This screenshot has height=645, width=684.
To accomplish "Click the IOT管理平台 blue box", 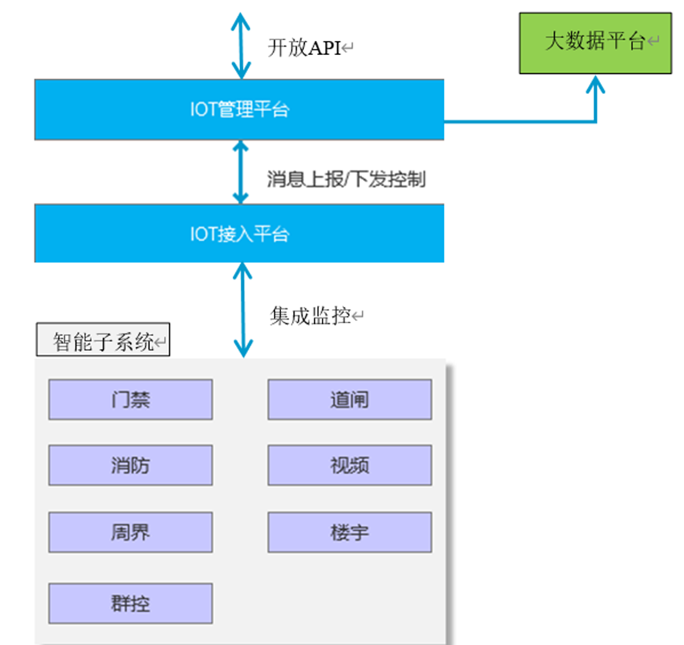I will click(239, 110).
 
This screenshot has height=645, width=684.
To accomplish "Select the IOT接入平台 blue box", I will click(239, 234).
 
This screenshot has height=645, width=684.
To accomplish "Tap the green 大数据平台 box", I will click(595, 42).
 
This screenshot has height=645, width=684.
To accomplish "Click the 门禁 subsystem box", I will click(130, 399).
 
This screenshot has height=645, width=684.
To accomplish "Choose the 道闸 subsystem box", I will click(349, 399).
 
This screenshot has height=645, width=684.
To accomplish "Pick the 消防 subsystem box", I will click(130, 465).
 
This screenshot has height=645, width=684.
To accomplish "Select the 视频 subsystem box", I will click(349, 465).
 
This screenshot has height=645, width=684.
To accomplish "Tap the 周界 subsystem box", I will click(130, 532).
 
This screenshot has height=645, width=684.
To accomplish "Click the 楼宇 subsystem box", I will click(349, 532).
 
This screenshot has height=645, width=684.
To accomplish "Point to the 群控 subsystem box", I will click(130, 603).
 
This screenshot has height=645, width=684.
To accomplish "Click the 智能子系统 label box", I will click(103, 342).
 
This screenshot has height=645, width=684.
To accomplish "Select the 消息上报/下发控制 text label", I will click(346, 178).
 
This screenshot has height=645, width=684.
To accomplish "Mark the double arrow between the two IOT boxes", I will click(241, 172).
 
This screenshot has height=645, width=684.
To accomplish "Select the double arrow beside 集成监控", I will click(243, 310).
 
